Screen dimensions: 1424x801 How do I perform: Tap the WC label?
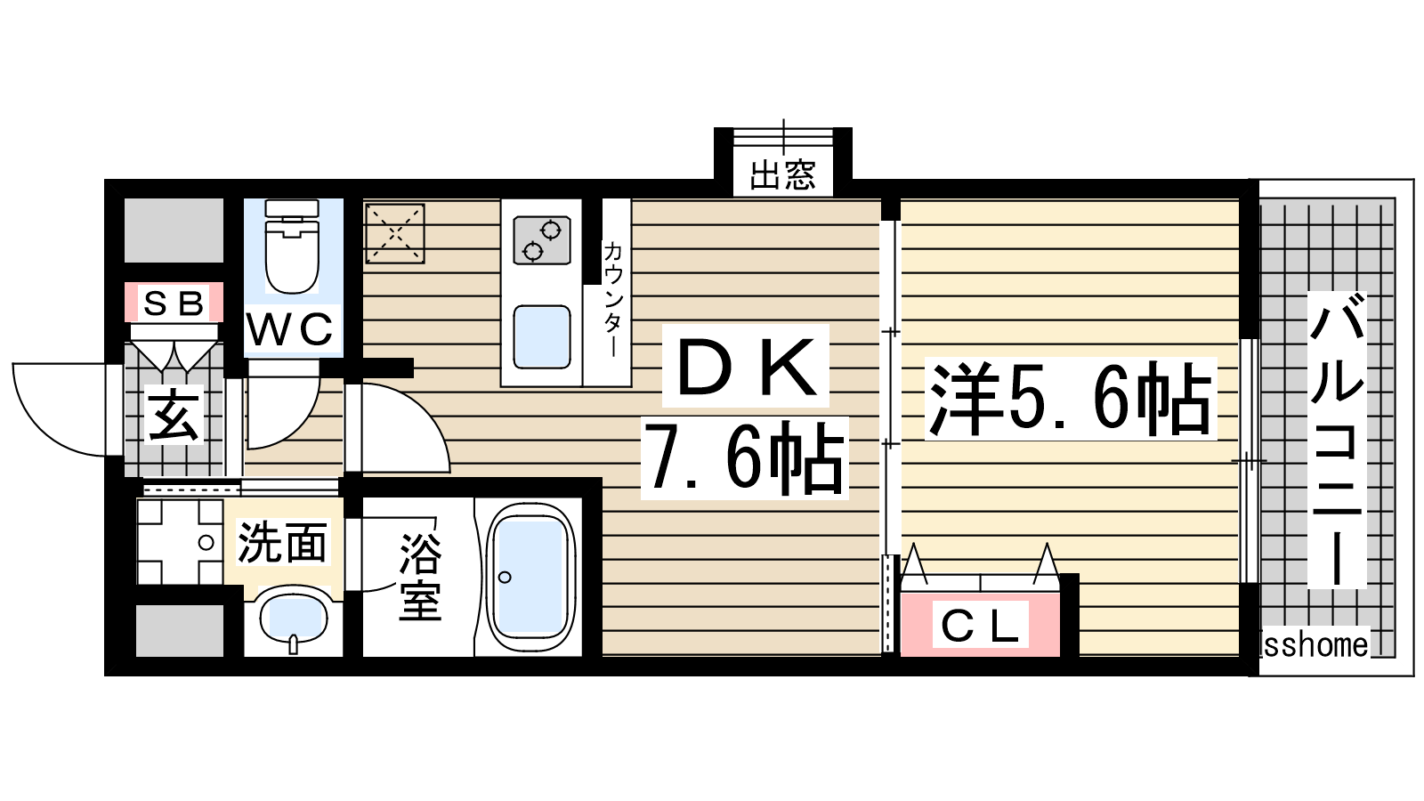point(290,328)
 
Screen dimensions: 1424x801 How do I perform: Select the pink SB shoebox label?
point(174,303)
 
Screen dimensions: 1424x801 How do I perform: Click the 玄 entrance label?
point(173,415)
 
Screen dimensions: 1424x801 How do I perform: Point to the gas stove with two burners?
point(542,240)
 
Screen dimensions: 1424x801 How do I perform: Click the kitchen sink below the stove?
point(542,337)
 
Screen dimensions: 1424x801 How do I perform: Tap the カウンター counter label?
point(612,299)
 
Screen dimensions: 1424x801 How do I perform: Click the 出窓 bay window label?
point(782,174)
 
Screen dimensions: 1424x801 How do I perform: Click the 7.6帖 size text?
point(744,458)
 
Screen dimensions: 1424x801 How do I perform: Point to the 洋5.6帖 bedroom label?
point(1071,399)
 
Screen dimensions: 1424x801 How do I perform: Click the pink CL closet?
point(980,624)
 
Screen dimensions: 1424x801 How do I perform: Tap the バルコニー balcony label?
point(1336,440)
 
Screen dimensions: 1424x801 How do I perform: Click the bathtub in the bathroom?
point(530,577)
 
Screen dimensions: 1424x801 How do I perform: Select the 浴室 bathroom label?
point(420,577)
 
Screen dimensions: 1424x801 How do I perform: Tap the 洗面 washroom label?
point(282,542)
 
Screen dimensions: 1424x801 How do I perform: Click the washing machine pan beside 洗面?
point(180,542)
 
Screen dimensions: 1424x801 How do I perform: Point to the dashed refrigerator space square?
point(395,233)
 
